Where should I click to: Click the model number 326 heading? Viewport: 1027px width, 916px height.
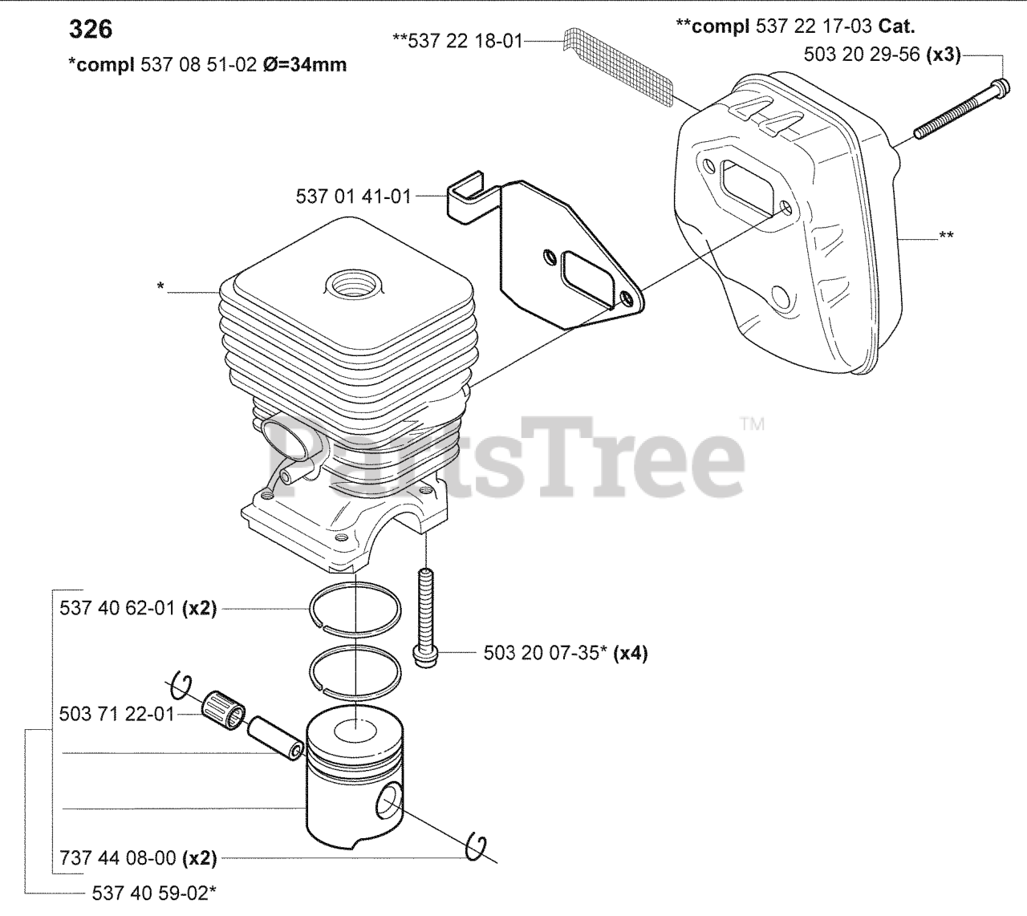coord(91,30)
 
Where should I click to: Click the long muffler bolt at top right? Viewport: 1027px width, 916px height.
coord(961,110)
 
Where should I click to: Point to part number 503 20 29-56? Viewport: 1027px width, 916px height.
coord(861,55)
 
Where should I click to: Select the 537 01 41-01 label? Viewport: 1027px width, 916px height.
coord(353,197)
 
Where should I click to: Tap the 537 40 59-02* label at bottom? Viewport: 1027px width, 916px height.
coord(154,894)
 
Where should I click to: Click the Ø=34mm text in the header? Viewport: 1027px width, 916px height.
coord(305,65)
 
